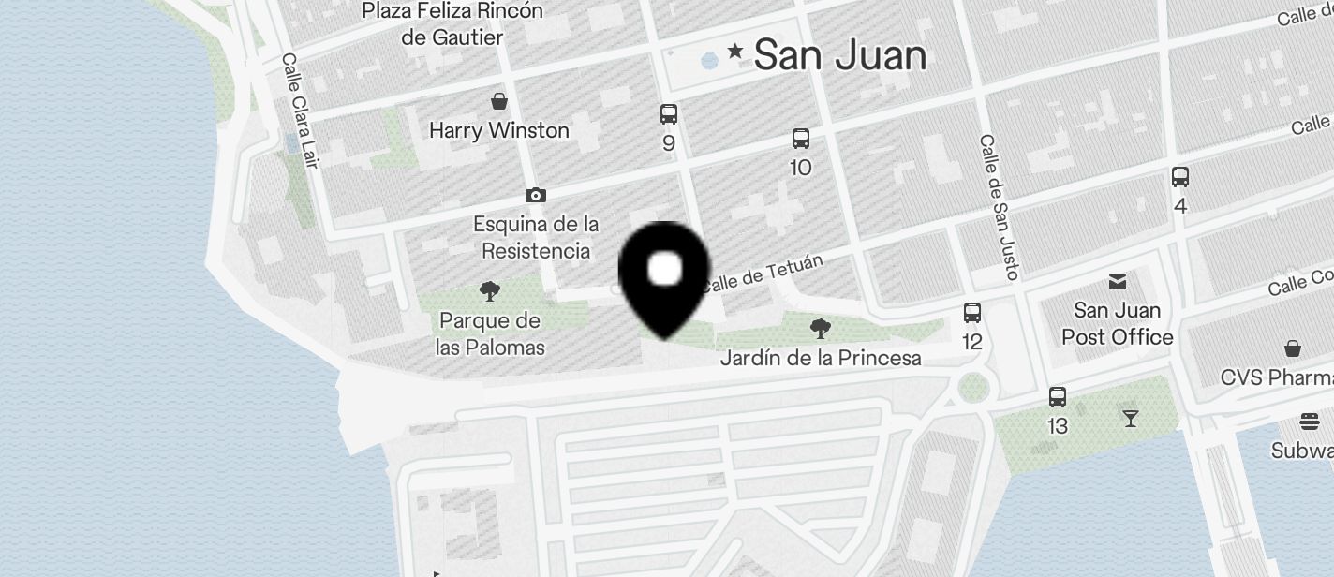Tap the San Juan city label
click(x=839, y=55)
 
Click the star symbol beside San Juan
click(x=736, y=52)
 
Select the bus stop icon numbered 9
click(x=668, y=114)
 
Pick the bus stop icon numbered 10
click(x=801, y=139)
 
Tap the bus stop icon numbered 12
click(x=972, y=313)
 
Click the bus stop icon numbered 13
click(x=1058, y=397)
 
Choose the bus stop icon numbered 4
click(x=1180, y=176)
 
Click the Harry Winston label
click(x=499, y=130)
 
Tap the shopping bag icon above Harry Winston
click(x=499, y=100)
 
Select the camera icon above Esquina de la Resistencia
click(x=536, y=195)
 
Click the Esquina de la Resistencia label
click(x=536, y=238)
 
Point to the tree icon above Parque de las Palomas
click(x=489, y=291)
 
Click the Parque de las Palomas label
click(x=490, y=334)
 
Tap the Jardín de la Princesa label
click(x=821, y=358)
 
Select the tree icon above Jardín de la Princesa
click(x=821, y=328)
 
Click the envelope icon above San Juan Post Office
click(x=1118, y=281)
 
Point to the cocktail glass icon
click(x=1131, y=418)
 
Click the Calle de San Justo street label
click(x=999, y=207)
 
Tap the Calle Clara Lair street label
click(x=300, y=111)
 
